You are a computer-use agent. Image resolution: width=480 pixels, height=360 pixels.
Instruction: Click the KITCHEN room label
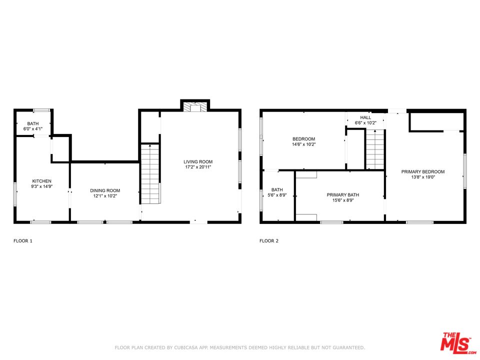point(42,181)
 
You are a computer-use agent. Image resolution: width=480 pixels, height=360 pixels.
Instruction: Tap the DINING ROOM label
point(105,190)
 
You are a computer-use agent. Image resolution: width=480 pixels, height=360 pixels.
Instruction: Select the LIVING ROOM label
point(198,161)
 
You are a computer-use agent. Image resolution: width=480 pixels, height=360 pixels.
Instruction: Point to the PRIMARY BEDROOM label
point(423,171)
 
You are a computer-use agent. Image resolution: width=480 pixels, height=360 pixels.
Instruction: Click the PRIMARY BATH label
point(343,195)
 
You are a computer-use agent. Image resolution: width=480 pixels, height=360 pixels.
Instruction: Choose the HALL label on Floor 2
point(365,117)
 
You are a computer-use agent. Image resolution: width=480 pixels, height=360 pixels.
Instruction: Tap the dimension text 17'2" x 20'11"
point(198,167)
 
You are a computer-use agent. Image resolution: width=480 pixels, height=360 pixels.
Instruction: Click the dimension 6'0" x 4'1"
point(33,129)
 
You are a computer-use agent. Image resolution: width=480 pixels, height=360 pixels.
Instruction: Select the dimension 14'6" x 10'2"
point(303,144)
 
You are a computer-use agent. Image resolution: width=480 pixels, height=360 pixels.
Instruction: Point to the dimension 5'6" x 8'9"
point(277,195)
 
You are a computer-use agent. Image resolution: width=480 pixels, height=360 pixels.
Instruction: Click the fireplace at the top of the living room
point(195,105)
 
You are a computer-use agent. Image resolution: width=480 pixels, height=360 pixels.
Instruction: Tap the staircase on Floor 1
point(150,174)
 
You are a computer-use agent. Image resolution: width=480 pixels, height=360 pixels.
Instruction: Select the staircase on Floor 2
point(375,149)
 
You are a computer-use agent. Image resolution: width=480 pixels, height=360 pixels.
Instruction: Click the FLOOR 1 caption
point(23,241)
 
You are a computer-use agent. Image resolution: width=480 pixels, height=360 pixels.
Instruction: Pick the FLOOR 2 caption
point(269,241)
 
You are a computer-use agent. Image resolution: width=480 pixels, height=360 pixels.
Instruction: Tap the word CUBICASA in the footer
point(186,348)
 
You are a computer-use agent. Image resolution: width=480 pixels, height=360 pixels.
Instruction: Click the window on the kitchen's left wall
point(14,194)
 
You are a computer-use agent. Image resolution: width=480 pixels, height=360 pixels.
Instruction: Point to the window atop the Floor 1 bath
point(41,110)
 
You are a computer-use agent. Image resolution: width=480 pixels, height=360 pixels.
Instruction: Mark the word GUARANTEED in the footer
point(347,348)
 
